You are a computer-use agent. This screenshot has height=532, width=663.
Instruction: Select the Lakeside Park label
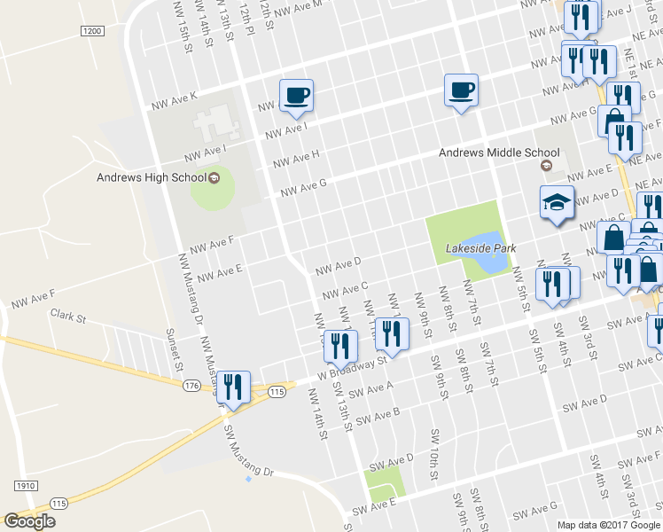[x=480, y=248]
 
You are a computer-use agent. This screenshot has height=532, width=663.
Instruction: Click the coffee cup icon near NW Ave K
[x=296, y=94]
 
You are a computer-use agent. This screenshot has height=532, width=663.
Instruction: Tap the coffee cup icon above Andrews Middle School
[x=461, y=89]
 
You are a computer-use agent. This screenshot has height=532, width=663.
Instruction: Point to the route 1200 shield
[x=91, y=31]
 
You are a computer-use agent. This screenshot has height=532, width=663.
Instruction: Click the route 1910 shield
[x=25, y=486]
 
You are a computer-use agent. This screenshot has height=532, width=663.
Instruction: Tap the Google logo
[x=29, y=520]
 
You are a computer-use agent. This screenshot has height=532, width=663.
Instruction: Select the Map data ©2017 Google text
[x=609, y=525]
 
